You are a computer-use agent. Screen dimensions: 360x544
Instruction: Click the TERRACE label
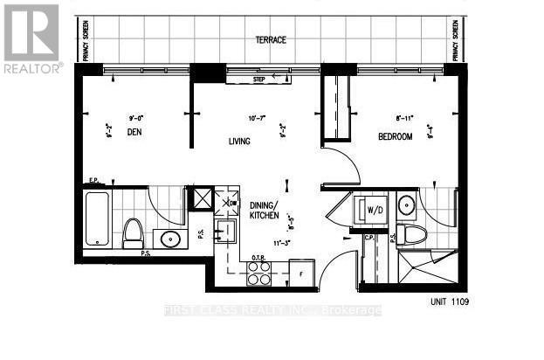click(x=271, y=40)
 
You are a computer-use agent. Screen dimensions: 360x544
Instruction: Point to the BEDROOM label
click(x=395, y=136)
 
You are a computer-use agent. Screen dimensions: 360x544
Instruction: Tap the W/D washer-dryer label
click(x=375, y=210)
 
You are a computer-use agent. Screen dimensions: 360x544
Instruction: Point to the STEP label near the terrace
click(x=258, y=80)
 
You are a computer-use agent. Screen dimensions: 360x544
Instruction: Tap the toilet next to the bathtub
click(x=133, y=232)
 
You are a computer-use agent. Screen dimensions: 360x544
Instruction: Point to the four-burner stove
click(x=260, y=273)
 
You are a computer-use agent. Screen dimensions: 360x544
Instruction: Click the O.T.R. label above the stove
click(x=258, y=257)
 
